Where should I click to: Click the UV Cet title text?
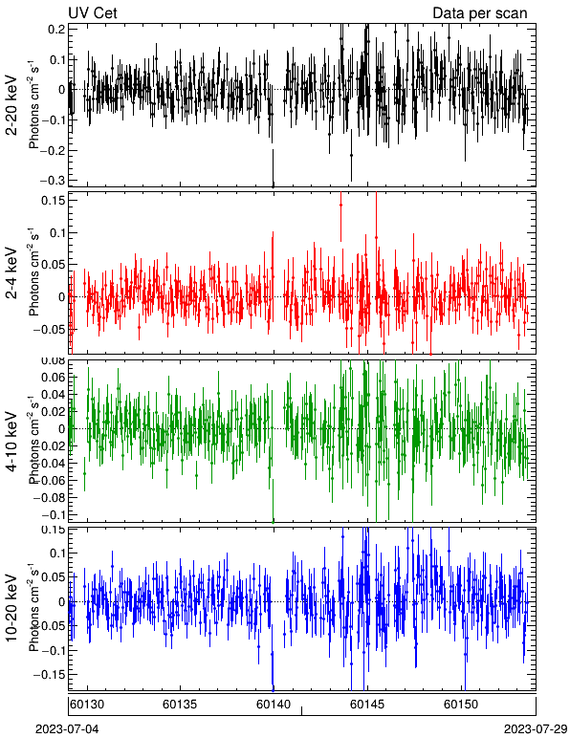click(92, 12)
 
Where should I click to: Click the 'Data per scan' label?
click(480, 12)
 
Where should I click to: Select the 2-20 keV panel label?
click(11, 105)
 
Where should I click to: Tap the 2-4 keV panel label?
click(11, 273)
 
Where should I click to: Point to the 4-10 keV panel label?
click(11, 441)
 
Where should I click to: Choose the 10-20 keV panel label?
click(11, 608)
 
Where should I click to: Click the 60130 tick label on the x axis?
click(87, 705)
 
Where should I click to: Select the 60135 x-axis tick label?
click(180, 705)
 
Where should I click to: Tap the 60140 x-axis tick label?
click(273, 705)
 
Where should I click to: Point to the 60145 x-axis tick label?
click(367, 705)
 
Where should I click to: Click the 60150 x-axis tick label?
click(460, 705)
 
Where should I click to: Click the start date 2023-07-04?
click(67, 729)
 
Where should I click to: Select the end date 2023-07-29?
click(536, 729)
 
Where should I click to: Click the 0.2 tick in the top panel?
click(56, 29)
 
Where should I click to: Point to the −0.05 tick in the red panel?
click(49, 329)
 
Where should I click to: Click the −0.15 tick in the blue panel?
click(49, 674)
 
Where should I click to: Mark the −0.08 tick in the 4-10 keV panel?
click(49, 497)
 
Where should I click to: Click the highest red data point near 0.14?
click(340, 206)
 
